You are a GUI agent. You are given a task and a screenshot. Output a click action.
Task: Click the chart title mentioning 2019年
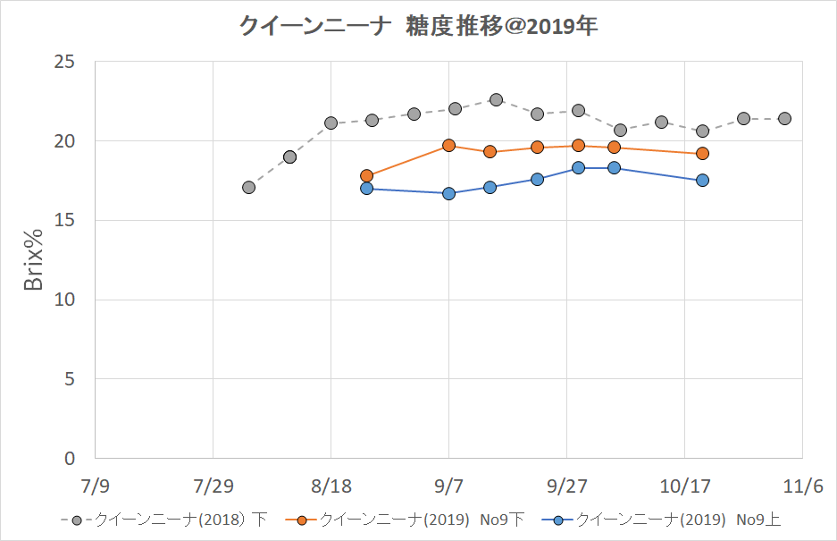point(418,27)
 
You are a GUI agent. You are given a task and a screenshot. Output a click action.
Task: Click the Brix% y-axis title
point(34,259)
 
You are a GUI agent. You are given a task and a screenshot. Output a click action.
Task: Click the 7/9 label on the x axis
point(95,486)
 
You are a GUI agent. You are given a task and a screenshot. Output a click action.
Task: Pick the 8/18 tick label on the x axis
point(331,486)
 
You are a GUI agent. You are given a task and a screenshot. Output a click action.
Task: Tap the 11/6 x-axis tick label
point(802,486)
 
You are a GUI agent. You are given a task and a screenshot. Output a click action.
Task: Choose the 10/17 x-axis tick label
point(684,486)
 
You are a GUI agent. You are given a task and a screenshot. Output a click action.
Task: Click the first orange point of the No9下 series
point(366,176)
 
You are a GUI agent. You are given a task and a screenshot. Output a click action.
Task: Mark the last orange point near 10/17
point(702,154)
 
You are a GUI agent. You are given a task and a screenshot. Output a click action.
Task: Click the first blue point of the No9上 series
point(366,189)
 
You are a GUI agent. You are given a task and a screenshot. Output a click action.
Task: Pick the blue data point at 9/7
point(448,193)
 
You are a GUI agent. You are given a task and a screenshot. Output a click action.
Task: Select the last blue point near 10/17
point(702,181)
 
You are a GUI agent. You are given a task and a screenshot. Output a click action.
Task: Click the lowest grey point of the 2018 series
point(248,188)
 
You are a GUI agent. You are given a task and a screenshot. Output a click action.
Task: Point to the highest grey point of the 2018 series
point(496,100)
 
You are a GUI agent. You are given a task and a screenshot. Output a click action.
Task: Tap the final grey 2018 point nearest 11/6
point(784,119)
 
